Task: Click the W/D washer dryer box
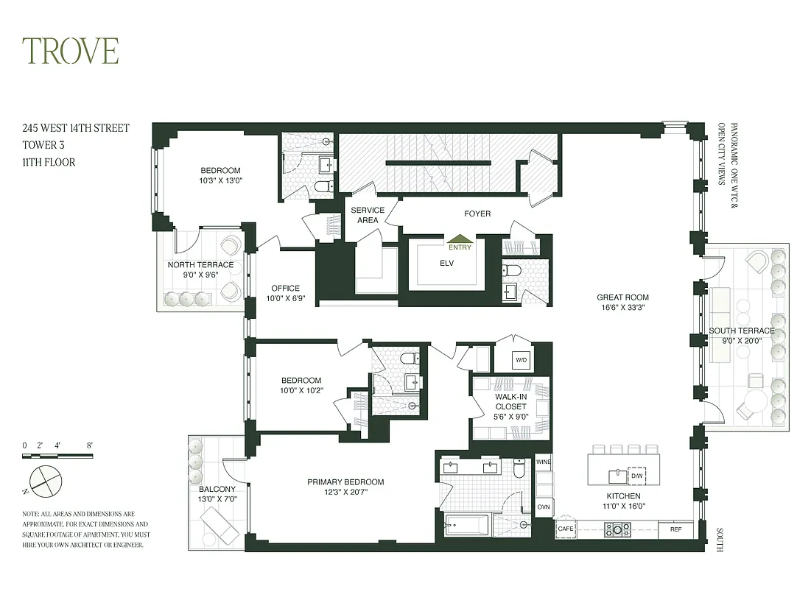click(x=521, y=360)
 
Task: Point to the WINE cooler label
click(x=543, y=462)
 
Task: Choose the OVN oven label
click(x=543, y=507)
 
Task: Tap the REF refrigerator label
click(x=675, y=529)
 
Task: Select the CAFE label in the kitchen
click(x=565, y=529)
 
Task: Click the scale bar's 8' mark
click(x=90, y=445)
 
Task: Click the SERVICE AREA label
click(x=368, y=215)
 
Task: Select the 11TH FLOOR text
click(x=49, y=162)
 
